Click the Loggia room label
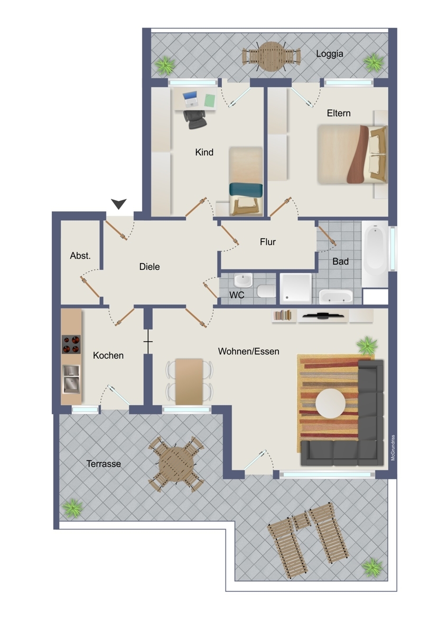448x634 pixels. pyautogui.click(x=330, y=53)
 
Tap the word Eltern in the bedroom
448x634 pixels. pyautogui.click(x=339, y=113)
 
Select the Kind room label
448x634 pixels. pyautogui.click(x=204, y=152)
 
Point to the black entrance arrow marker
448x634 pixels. pyautogui.click(x=119, y=203)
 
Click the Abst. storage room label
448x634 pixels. pyautogui.click(x=80, y=256)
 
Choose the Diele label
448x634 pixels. pyautogui.click(x=150, y=267)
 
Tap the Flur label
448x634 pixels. pyautogui.click(x=268, y=242)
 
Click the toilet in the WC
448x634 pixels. pyautogui.click(x=265, y=291)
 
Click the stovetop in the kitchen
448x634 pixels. pyautogui.click(x=71, y=344)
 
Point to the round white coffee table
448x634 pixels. pyautogui.click(x=331, y=403)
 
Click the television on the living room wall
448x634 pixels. pyautogui.click(x=322, y=315)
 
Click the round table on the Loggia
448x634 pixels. pyautogui.click(x=271, y=55)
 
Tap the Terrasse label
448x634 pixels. pyautogui.click(x=104, y=464)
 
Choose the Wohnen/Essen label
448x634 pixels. pyautogui.click(x=249, y=351)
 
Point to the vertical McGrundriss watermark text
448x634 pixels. pyautogui.click(x=393, y=447)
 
